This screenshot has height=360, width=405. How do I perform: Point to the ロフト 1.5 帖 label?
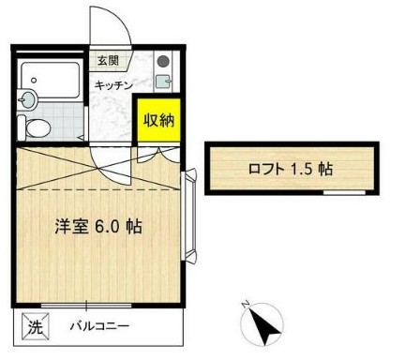(x=278, y=170)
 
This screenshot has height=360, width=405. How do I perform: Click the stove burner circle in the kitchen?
(x=162, y=62)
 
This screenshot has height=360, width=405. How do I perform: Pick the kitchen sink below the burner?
(x=162, y=82)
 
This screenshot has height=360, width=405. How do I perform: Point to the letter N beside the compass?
(x=244, y=305)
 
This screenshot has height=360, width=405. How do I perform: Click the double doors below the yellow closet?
(x=157, y=153)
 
